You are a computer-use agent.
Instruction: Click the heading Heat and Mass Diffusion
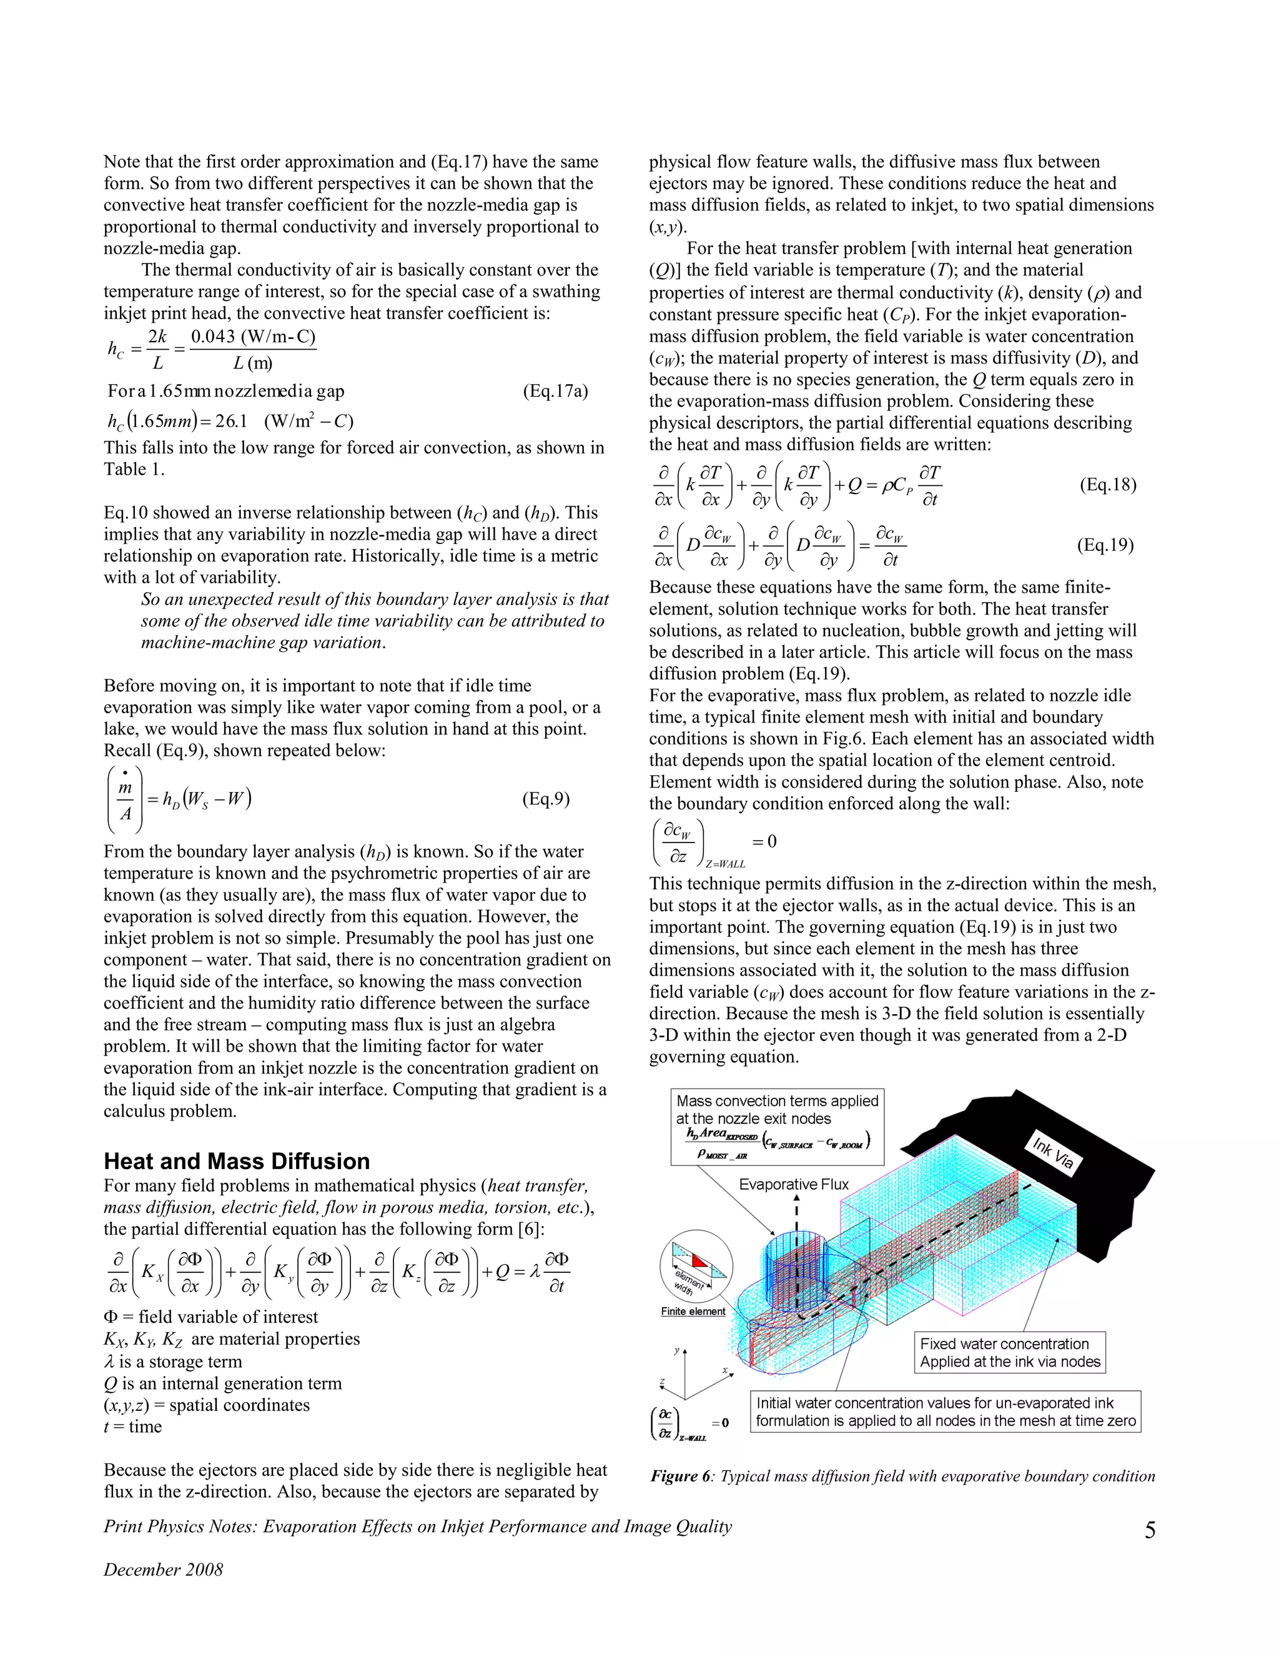(x=237, y=1161)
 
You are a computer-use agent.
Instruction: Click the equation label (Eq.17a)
(x=555, y=391)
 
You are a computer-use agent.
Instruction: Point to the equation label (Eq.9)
(x=546, y=799)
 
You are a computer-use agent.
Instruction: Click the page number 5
(x=1150, y=1531)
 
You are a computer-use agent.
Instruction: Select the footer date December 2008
(x=163, y=1569)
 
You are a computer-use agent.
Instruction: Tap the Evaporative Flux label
(x=793, y=1184)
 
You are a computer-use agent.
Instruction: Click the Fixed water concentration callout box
(x=1009, y=1353)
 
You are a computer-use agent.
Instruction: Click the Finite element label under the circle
(x=693, y=1312)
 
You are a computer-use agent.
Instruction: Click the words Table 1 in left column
(x=134, y=469)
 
